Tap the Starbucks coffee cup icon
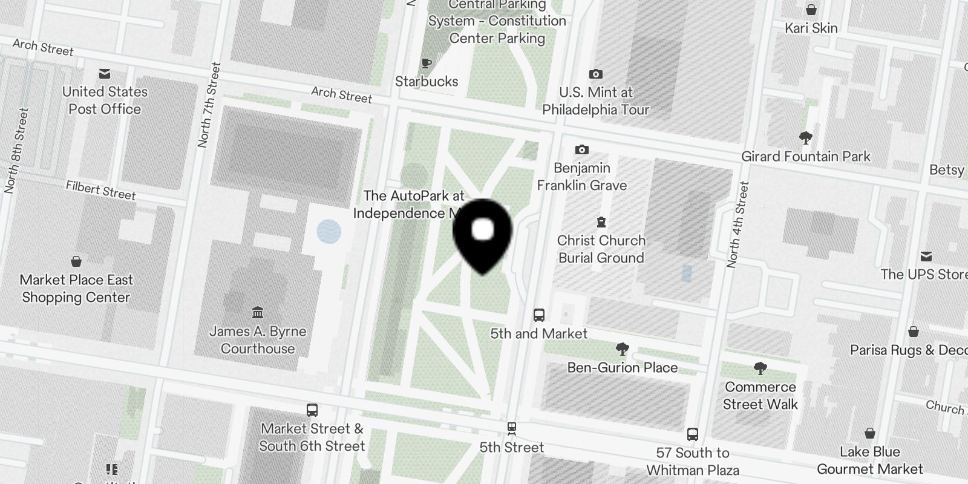(427, 63)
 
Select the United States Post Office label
(105, 100)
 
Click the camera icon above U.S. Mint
(596, 74)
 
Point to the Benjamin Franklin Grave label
(582, 177)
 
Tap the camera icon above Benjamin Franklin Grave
(581, 149)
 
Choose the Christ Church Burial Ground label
(601, 249)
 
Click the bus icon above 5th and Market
(538, 315)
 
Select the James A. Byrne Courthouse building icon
(258, 312)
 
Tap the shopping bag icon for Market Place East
(76, 261)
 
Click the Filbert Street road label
(101, 191)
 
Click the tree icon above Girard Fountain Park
(805, 138)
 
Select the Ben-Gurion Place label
(623, 367)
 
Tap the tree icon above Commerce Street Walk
(760, 368)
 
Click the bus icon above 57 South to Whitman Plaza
(693, 434)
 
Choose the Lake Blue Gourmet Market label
(869, 460)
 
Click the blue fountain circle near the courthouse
(329, 231)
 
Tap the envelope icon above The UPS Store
(926, 256)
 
